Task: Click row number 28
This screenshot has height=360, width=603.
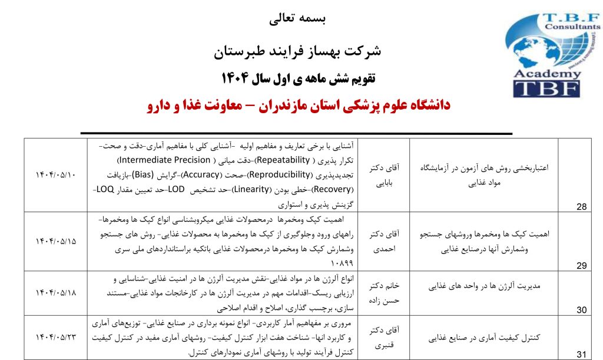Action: pos(581,206)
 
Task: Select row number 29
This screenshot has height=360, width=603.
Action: pos(581,266)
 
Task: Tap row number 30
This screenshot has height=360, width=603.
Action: pos(581,310)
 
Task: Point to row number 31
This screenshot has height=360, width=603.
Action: pos(581,354)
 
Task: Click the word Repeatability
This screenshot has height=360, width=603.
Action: pos(281,160)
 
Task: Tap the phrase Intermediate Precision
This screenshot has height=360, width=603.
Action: pos(165,160)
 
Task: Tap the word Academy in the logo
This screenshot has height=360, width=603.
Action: pos(546,74)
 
